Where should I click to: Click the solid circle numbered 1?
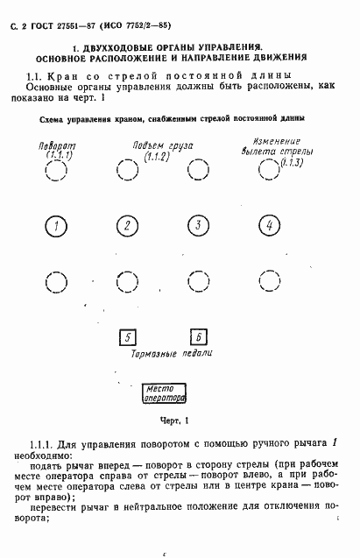[56, 227]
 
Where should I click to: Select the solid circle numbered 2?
[128, 227]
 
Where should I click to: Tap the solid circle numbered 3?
[199, 227]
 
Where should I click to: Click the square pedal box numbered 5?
[128, 337]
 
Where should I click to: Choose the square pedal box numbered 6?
[199, 337]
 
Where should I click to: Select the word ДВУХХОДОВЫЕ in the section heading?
[118, 43]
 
